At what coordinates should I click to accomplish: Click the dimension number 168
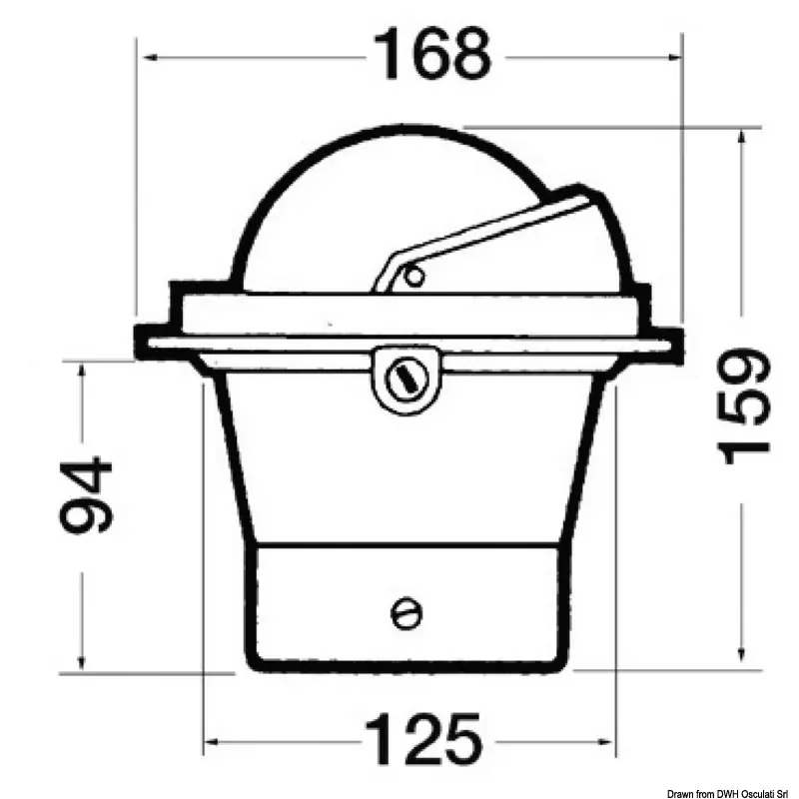coord(432,54)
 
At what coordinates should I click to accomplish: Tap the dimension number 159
coord(743,406)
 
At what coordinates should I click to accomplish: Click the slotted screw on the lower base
coord(406,613)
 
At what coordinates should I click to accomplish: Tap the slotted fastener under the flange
coord(406,380)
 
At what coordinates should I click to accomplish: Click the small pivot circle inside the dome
coord(414,277)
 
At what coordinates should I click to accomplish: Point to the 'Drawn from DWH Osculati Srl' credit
coord(731,793)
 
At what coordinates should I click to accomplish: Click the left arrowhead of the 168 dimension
coord(150,57)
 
